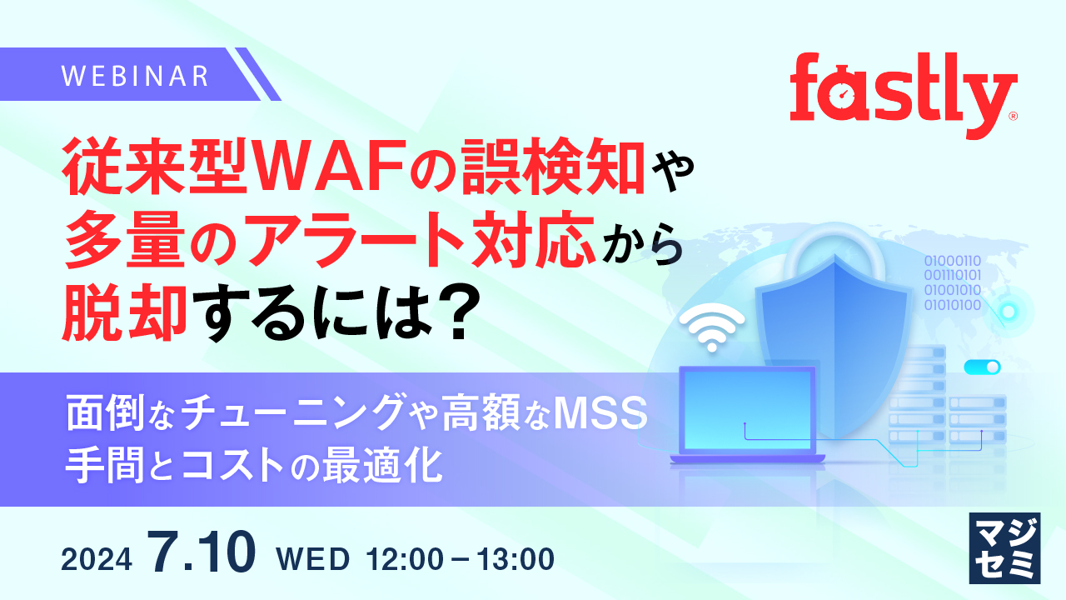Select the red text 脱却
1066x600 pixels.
(126, 313)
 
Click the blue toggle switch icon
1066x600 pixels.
(982, 367)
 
